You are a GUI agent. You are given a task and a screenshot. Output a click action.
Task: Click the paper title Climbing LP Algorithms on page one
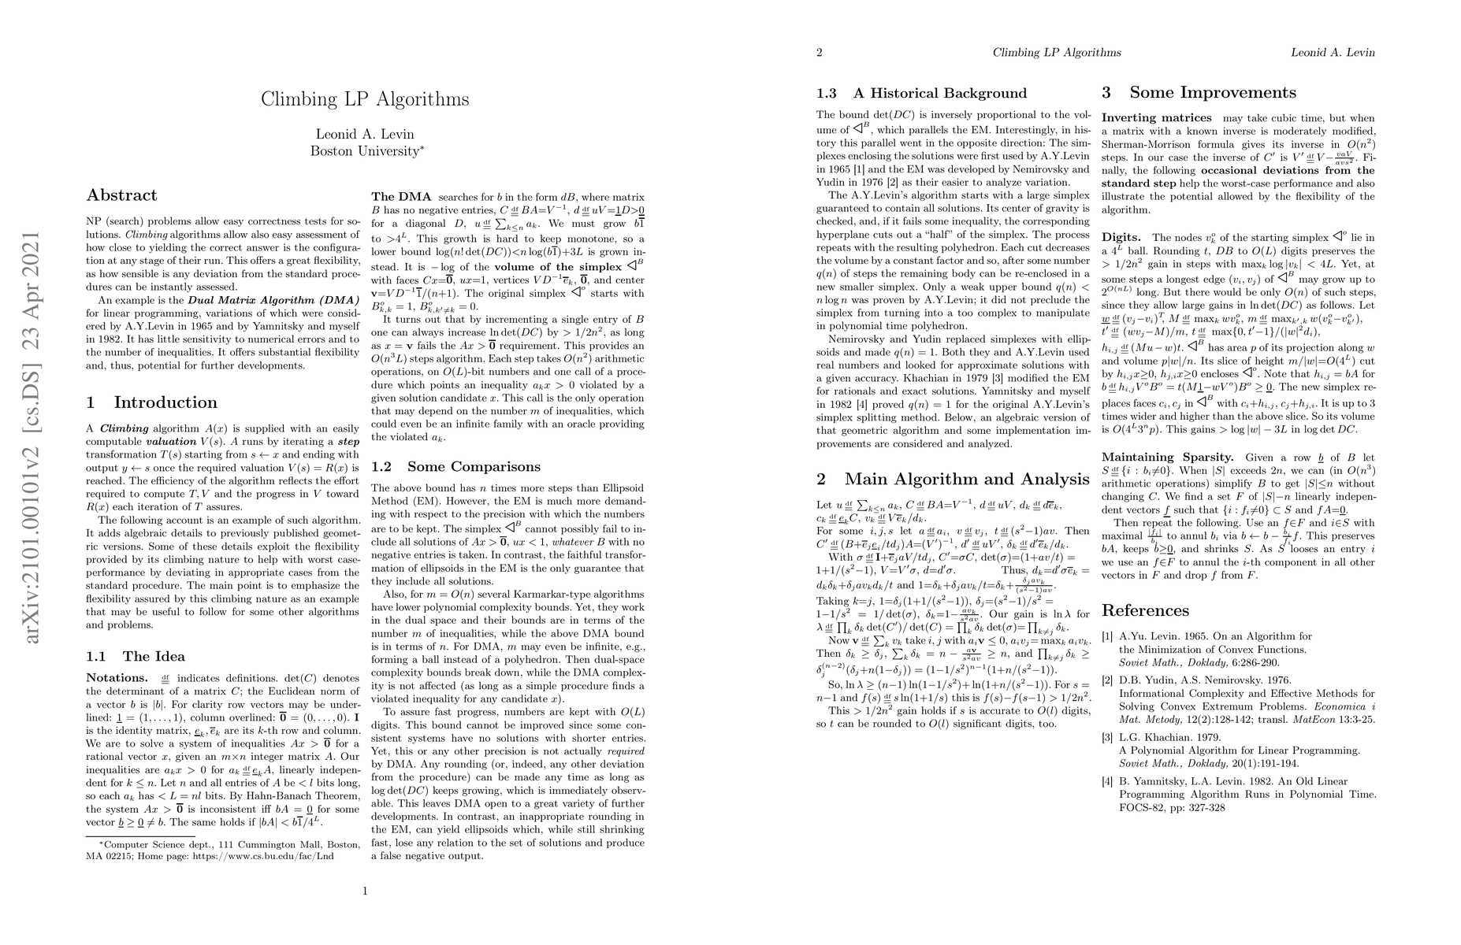365,99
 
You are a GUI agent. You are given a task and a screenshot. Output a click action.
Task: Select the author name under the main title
365,134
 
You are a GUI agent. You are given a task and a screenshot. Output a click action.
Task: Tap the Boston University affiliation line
365,150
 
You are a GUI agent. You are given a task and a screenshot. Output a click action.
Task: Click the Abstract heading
121,195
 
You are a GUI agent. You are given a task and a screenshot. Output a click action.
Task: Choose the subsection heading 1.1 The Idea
136,656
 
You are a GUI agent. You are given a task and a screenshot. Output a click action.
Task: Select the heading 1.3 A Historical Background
921,93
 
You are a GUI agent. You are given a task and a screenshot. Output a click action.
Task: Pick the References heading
1145,610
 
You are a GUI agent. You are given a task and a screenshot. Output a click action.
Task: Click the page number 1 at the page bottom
365,891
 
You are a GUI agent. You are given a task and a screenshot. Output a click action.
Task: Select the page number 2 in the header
820,53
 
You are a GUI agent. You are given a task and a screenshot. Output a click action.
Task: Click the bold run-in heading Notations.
117,677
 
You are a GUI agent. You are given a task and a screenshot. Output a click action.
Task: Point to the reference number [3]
1107,737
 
